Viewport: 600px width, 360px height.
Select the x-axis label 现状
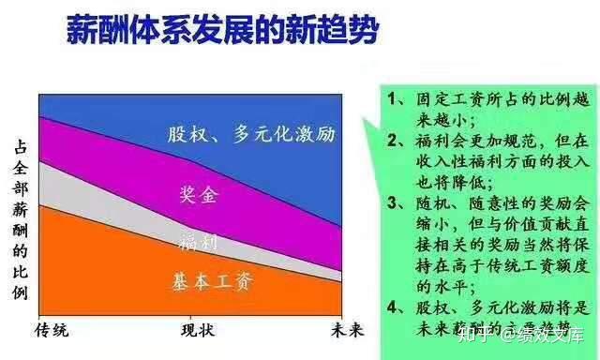click(x=198, y=329)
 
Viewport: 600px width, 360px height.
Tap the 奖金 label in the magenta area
click(x=198, y=195)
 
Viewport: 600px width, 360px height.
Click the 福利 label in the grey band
click(x=198, y=242)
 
